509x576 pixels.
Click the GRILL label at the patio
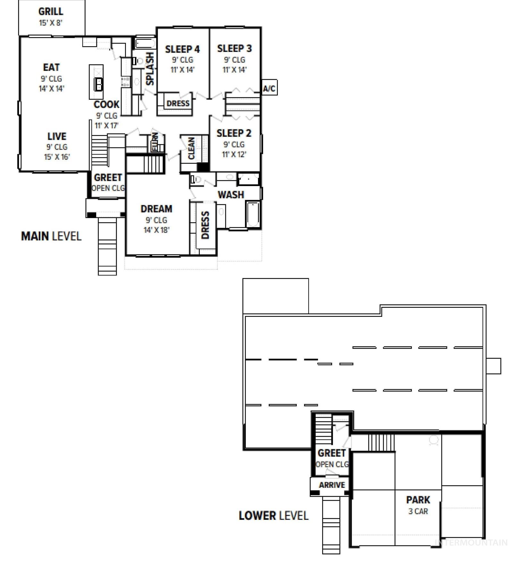[51, 12]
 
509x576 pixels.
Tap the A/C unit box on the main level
[269, 88]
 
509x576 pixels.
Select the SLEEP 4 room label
[182, 49]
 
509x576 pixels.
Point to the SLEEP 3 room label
[234, 48]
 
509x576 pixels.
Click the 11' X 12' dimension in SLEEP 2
[234, 154]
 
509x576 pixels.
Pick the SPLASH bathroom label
[150, 69]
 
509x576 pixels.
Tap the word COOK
[106, 105]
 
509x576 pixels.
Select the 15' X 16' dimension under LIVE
[57, 157]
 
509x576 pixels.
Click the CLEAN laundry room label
[191, 148]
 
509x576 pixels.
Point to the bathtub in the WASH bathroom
[253, 214]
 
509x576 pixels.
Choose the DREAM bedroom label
[156, 209]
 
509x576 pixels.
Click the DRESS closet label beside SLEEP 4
[178, 103]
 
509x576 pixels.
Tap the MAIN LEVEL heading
[51, 236]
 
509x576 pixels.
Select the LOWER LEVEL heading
[273, 516]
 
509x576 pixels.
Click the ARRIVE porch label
[332, 485]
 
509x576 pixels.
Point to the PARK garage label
[418, 500]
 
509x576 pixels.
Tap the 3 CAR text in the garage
[418, 511]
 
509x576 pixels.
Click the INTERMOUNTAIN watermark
[471, 542]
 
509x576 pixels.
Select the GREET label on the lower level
[331, 453]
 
